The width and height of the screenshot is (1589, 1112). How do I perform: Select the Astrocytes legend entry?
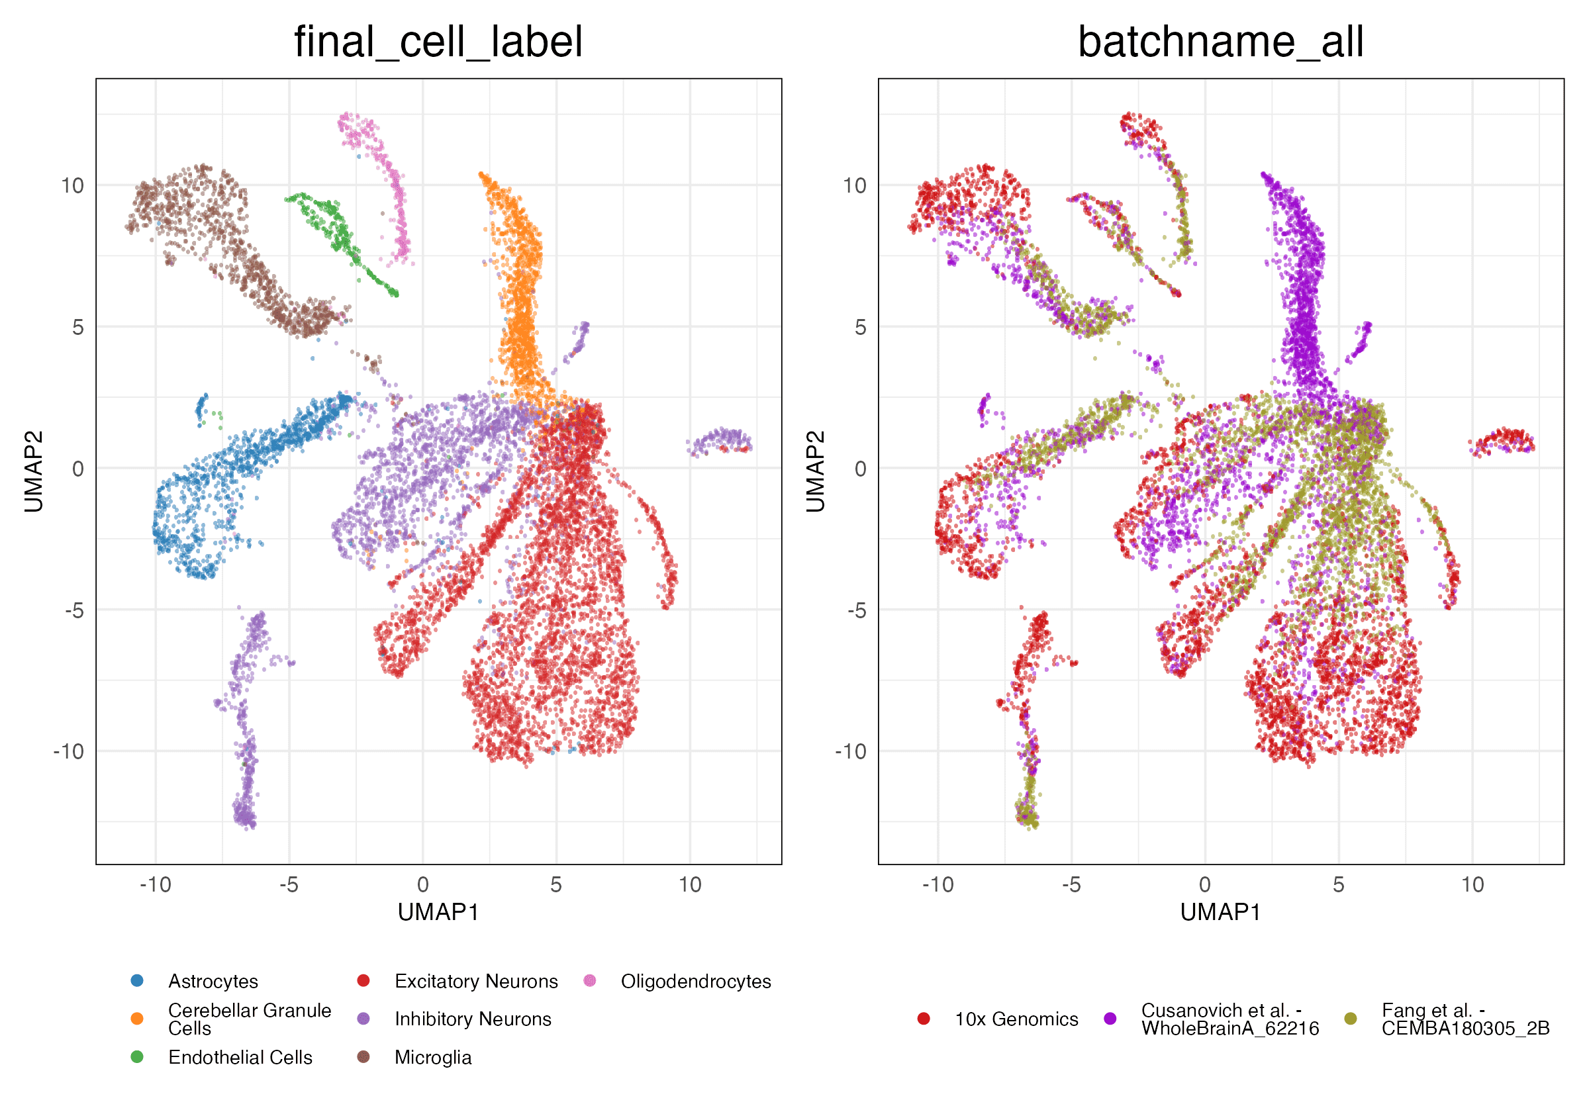213,981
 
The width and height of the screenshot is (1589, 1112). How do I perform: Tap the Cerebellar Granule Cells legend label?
249,1019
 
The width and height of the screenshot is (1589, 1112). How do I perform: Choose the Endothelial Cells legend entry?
240,1057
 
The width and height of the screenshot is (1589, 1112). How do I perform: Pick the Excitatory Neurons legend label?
475,981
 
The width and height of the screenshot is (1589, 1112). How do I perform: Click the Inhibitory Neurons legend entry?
473,1019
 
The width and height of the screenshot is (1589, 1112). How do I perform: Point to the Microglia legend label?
432,1057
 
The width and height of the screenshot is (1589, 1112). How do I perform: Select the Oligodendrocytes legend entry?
696,981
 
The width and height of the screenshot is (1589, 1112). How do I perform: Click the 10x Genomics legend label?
1016,1019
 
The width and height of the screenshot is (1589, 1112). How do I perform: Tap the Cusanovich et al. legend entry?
1229,1019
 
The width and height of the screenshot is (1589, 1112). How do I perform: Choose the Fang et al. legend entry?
1465,1019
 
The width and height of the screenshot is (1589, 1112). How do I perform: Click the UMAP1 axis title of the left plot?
438,913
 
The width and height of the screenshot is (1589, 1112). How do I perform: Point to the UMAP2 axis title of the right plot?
815,471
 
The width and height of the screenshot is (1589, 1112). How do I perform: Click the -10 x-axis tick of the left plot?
155,885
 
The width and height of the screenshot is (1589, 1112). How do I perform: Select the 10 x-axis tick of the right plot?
1472,885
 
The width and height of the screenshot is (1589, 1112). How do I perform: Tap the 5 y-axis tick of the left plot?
77,327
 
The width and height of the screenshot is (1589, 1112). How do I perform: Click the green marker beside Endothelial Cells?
137,1057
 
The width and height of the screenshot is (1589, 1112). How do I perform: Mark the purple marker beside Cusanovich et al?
1110,1019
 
